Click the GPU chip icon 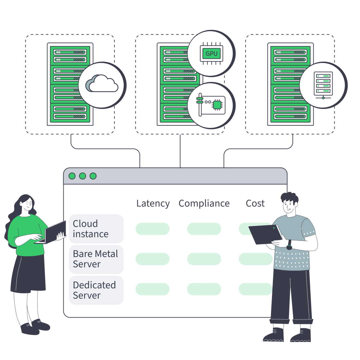click(211, 54)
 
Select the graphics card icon click(211, 105)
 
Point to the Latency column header click(153, 203)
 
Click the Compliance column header click(204, 203)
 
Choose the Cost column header click(255, 203)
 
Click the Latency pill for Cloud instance click(152, 229)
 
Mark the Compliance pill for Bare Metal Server click(204, 259)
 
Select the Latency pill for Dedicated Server click(152, 289)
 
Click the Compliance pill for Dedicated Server click(204, 289)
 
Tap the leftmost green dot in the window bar click(72, 176)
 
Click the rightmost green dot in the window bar click(93, 176)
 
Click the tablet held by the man click(265, 234)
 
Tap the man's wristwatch click(289, 247)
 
